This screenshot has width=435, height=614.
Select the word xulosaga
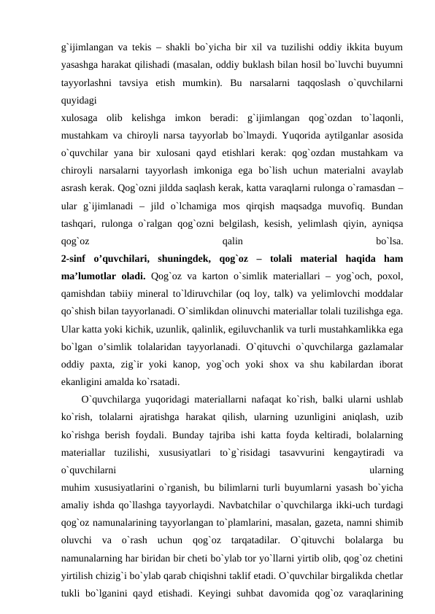click(82, 117)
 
